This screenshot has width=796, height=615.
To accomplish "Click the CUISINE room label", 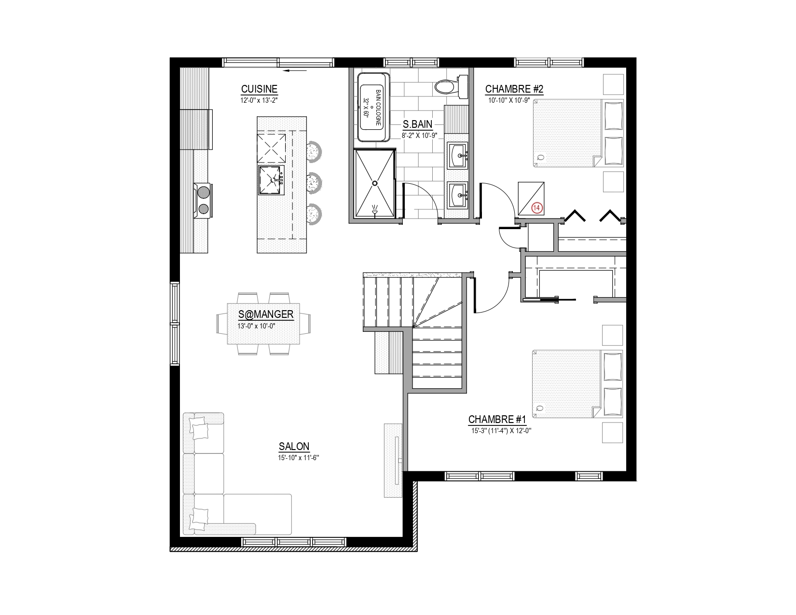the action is coord(259,89).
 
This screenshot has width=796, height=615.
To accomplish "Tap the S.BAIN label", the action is coord(418,124).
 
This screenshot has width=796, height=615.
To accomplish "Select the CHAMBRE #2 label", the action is coord(514,89).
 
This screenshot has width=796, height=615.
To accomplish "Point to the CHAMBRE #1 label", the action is coord(497,419).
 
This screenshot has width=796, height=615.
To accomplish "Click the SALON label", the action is coord(294,446).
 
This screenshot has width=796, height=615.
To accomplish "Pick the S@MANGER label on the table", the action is coord(266,314).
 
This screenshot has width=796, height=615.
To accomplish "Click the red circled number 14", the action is coord(536,208).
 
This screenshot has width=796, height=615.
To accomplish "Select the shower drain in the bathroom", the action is coord(375,183).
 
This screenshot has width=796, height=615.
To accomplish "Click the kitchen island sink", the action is coord(272,180).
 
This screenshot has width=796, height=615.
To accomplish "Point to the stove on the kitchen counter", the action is coord(203,200).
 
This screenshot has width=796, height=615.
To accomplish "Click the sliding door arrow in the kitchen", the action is coord(295,71).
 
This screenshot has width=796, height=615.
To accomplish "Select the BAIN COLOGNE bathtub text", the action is coord(378,108).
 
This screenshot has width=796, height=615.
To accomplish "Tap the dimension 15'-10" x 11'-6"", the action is coord(299,458).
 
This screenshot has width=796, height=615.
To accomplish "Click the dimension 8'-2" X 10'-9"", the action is coord(419,136).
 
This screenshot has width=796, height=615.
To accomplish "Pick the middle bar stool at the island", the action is coord(314,182).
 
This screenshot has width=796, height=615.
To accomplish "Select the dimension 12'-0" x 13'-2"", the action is coord(259,100).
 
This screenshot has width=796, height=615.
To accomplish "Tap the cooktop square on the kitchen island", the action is coord(271,149).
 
